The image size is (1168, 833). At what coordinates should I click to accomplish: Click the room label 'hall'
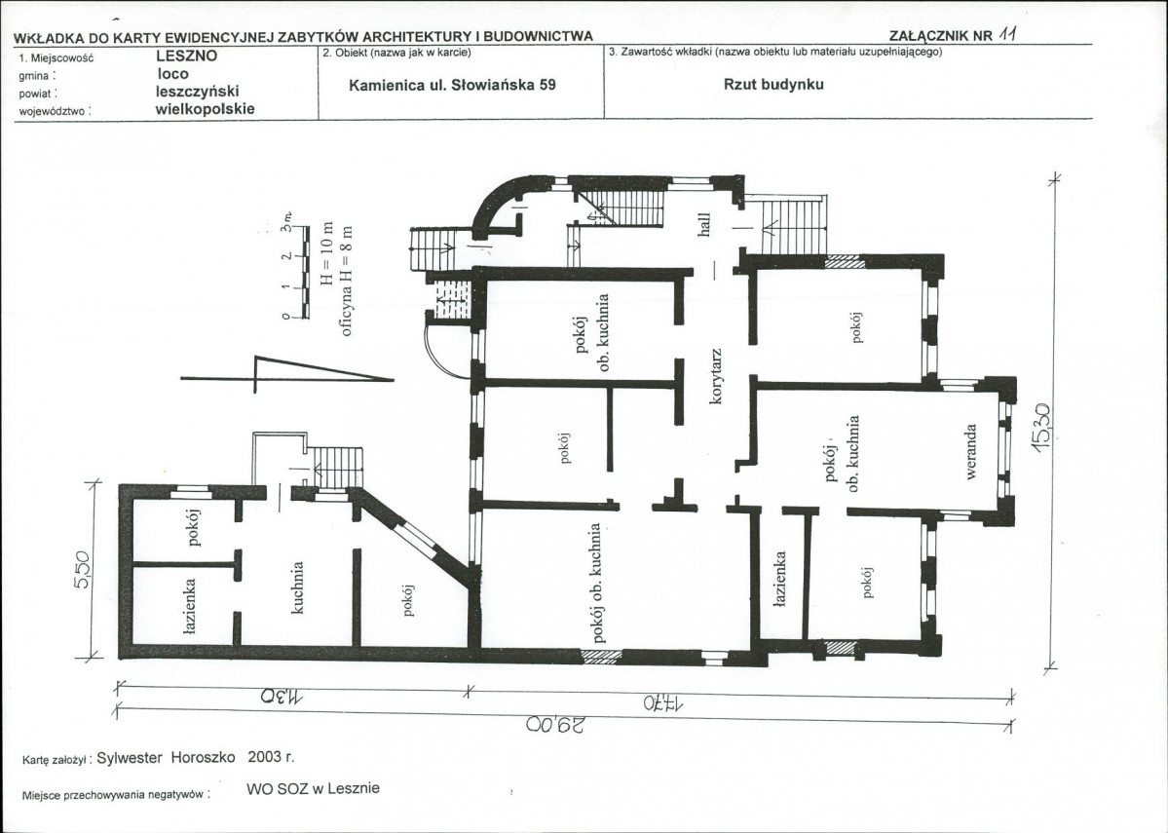[x=704, y=224]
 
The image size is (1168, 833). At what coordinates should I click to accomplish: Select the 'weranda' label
[x=970, y=451]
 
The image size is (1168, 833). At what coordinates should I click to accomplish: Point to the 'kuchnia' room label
[x=297, y=587]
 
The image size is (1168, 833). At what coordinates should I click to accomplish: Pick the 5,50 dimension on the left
[x=81, y=570]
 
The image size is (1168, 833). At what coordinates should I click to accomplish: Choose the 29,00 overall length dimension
[x=555, y=725]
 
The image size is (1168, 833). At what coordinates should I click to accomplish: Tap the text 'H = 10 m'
[x=326, y=253]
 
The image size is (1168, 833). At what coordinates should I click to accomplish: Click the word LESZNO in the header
[x=187, y=56]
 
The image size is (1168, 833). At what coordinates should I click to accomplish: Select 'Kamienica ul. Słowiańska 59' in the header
[x=452, y=85]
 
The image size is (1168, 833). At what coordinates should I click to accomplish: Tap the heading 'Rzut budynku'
[x=773, y=84]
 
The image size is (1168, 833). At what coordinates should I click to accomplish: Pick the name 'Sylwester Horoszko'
[x=167, y=758]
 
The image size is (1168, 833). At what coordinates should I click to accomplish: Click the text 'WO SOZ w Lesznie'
[x=313, y=788]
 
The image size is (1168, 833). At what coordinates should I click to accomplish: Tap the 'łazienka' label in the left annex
[x=189, y=607]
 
